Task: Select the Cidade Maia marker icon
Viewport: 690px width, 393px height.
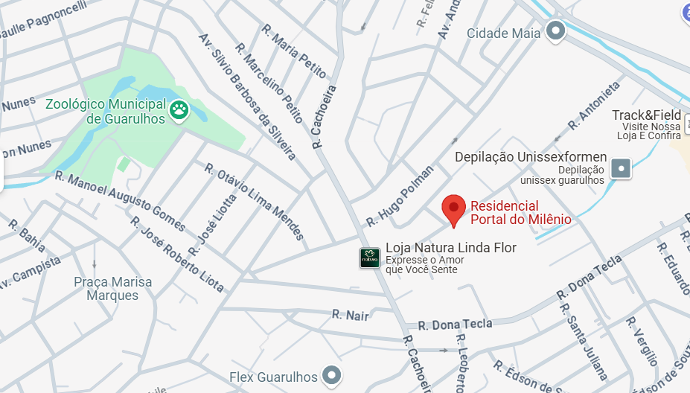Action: click(x=555, y=31)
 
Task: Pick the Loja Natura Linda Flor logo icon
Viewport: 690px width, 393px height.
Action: click(x=370, y=258)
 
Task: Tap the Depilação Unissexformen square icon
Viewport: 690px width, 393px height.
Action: click(x=621, y=168)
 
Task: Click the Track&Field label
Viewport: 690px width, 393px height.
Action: click(x=646, y=115)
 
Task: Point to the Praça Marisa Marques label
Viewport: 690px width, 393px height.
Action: click(x=112, y=289)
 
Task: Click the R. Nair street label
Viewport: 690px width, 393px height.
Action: click(x=350, y=316)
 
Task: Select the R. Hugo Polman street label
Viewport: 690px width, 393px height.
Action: click(x=400, y=196)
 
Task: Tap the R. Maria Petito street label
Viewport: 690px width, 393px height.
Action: click(x=294, y=51)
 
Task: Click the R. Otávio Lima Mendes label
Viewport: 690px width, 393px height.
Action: click(x=255, y=202)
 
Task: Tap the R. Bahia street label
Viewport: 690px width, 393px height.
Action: click(x=27, y=235)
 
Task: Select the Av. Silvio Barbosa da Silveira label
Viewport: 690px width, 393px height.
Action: click(x=247, y=96)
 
